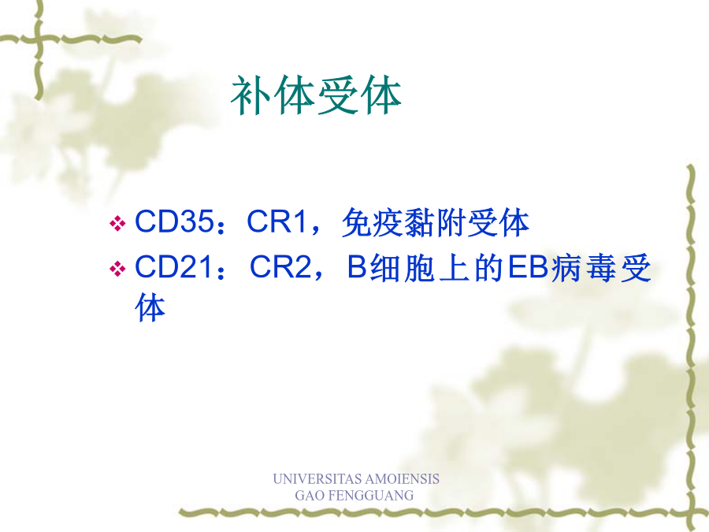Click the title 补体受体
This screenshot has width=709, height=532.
click(316, 95)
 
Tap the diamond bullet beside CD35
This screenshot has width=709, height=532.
click(117, 224)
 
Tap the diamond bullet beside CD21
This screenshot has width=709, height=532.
click(117, 269)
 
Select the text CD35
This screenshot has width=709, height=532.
click(174, 221)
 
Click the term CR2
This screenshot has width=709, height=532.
click(280, 267)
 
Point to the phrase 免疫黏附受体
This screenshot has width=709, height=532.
click(436, 222)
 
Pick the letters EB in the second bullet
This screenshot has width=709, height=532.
click(528, 267)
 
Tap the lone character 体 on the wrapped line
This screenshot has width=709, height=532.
click(150, 307)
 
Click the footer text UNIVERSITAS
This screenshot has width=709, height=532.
click(317, 478)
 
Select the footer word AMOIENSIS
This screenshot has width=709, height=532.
click(402, 478)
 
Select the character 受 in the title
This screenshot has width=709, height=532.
click(338, 95)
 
